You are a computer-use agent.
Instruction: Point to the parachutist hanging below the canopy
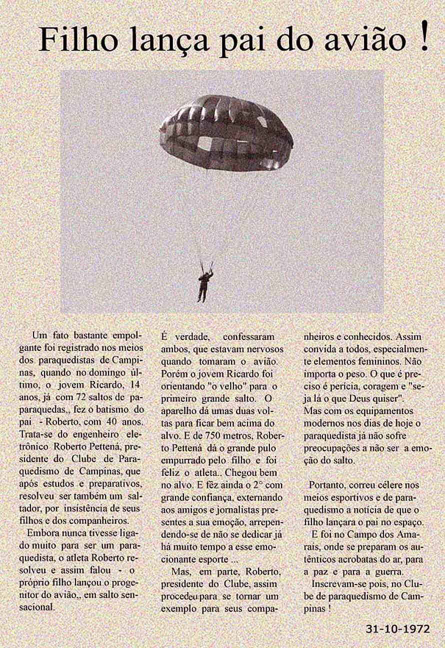pos(203,284)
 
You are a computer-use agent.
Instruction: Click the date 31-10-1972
pos(397,629)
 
